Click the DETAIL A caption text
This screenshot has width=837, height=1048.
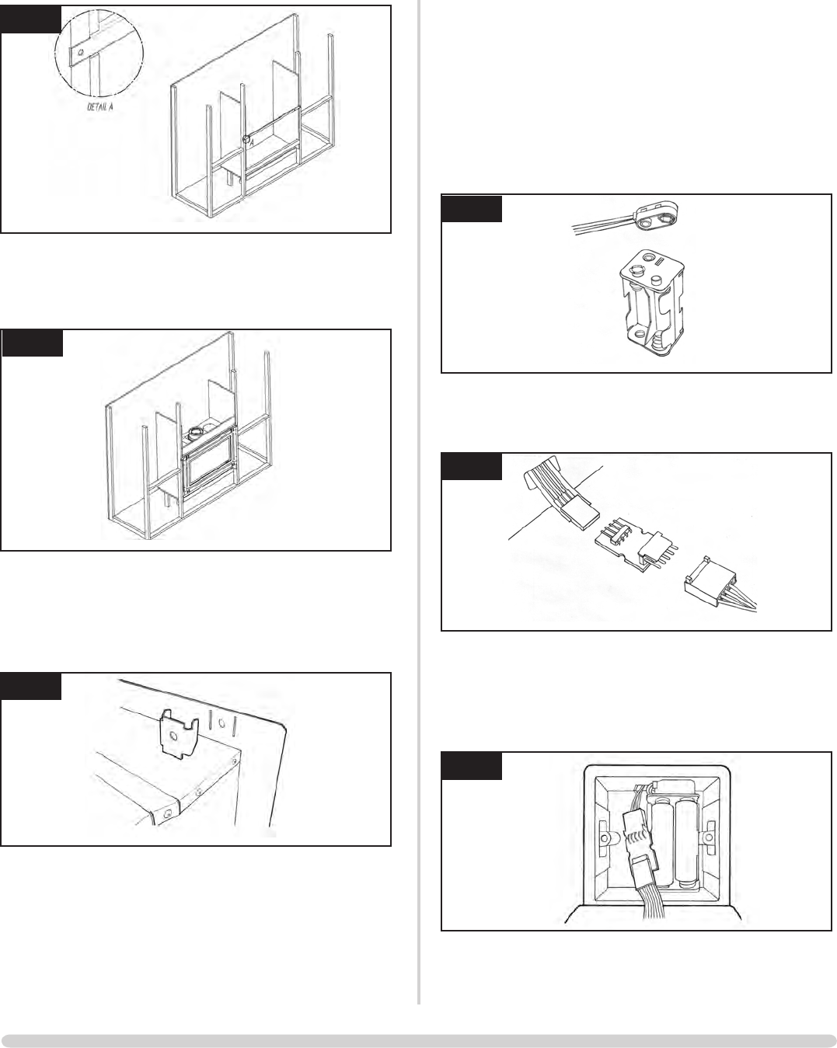(x=99, y=108)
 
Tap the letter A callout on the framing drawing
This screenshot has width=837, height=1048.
(x=251, y=143)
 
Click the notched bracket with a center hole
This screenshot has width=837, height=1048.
(x=178, y=733)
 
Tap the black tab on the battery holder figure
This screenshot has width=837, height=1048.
(x=472, y=209)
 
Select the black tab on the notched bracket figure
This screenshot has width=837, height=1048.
(x=31, y=686)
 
